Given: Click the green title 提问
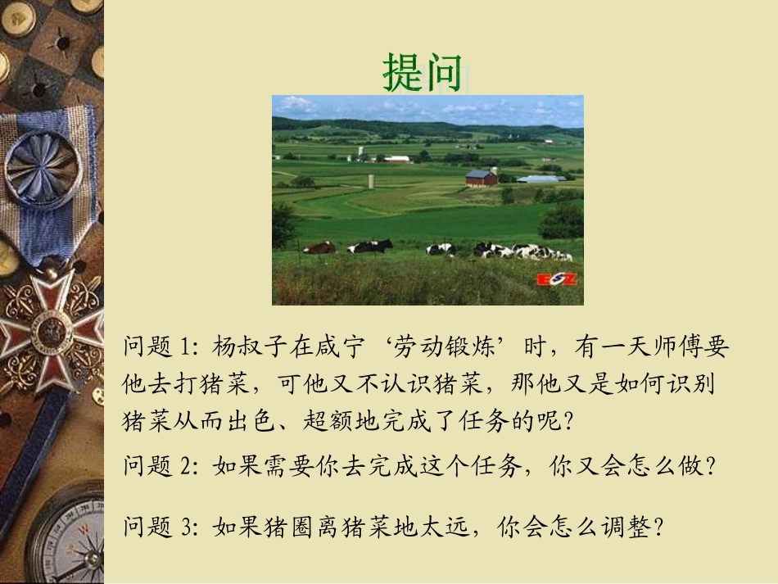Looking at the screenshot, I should [x=423, y=73].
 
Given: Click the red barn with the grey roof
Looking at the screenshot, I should [x=482, y=178].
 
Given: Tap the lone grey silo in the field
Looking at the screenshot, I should [x=371, y=181].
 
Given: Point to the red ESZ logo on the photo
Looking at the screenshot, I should [x=557, y=280].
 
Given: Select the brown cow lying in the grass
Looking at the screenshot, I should [x=320, y=247].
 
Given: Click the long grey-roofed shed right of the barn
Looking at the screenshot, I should [x=540, y=179].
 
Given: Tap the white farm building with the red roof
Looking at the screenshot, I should [x=396, y=159].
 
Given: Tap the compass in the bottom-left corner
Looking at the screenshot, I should [x=70, y=541].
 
